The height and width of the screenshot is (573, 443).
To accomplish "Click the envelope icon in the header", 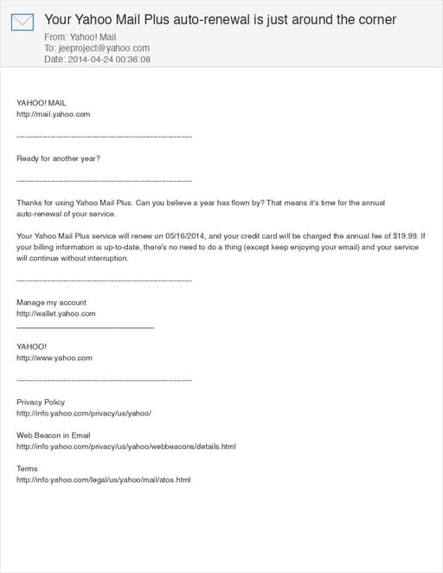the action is [22, 22].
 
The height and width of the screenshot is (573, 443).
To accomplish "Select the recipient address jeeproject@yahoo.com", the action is [102, 48].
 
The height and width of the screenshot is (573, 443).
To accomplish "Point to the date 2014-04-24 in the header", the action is [87, 60].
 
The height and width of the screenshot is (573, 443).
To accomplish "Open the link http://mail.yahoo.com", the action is [53, 113].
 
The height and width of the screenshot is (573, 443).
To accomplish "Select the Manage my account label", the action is [51, 302].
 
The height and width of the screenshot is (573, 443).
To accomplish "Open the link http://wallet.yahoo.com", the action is [55, 313].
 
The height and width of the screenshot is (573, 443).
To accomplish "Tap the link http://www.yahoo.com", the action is [54, 357].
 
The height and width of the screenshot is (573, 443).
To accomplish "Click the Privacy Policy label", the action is [41, 402].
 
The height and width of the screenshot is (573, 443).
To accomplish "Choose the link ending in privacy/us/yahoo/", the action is [84, 413].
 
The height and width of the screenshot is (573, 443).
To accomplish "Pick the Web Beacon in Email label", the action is [54, 435].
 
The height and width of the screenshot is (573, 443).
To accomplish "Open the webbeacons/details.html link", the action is [125, 447].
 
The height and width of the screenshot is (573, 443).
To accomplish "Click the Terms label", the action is [27, 468].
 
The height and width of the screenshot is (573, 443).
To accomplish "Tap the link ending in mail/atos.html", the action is [103, 480].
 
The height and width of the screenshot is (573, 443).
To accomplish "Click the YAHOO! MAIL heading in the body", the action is [41, 102].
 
